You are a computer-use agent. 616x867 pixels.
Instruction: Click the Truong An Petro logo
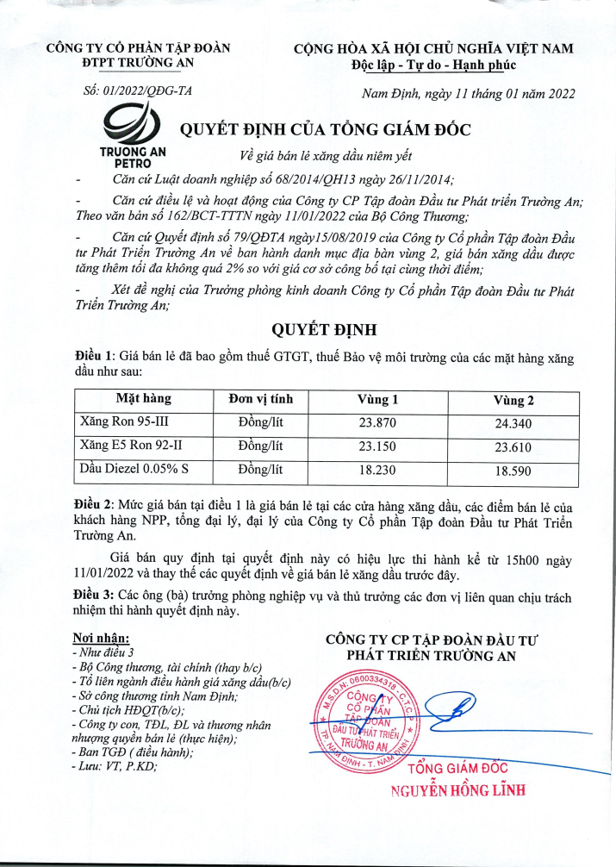pos(133,139)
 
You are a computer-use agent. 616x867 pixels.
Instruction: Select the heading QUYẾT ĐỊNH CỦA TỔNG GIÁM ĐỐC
pos(325,130)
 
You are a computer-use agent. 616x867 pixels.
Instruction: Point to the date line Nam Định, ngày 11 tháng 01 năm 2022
pos(469,93)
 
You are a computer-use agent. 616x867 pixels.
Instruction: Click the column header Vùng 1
pos(377,400)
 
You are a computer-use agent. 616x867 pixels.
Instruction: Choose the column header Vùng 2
pos(513,400)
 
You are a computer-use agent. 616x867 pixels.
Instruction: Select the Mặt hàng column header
pos(144,398)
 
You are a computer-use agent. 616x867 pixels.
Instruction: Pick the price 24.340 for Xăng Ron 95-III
pos(513,423)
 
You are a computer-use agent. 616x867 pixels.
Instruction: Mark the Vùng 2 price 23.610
pos(513,447)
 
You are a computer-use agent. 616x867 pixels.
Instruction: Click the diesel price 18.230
pos(377,471)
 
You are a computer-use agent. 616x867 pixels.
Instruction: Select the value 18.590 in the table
pos(513,471)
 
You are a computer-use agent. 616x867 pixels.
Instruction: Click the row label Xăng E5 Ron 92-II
pos(129,446)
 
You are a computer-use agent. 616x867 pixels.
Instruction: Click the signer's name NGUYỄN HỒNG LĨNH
pos(458,790)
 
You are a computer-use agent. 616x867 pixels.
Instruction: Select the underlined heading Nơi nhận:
pos(102,639)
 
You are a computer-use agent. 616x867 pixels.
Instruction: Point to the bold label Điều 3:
pos(94,596)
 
